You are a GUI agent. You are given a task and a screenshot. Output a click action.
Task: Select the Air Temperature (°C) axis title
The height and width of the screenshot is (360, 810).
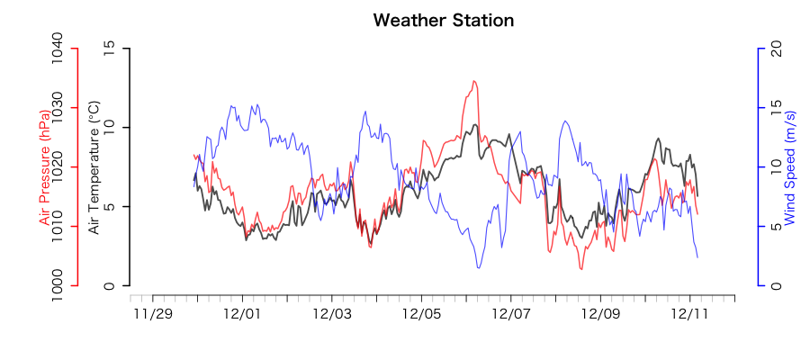[94, 167]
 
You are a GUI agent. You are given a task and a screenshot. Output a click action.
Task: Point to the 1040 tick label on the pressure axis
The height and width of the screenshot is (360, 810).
[57, 48]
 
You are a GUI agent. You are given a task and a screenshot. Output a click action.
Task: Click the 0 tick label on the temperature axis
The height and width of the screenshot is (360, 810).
[110, 286]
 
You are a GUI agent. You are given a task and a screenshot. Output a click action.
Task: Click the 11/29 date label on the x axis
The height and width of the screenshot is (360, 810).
[152, 314]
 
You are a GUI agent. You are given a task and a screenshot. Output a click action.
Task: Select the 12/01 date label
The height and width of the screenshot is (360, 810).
[242, 314]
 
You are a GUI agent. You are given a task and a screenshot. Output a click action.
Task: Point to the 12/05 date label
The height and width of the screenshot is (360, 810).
[421, 314]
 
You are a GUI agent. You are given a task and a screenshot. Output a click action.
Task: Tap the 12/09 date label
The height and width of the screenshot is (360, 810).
[600, 314]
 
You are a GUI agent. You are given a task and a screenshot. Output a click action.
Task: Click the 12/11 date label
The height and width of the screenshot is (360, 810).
[690, 314]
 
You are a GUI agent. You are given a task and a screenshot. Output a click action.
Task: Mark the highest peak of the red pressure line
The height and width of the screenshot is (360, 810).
[473, 81]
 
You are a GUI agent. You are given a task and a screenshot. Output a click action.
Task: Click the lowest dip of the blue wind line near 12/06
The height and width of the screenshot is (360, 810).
[479, 267]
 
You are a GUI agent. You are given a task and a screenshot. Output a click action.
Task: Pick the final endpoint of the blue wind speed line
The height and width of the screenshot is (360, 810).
[697, 257]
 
